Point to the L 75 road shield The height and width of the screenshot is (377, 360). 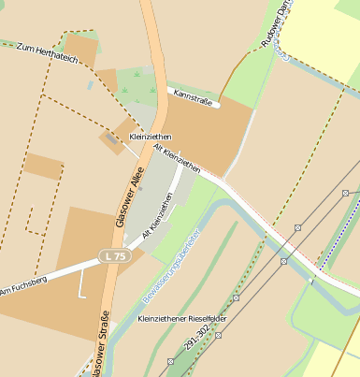click(112, 255)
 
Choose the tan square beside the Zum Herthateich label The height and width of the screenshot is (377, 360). click(80, 49)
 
